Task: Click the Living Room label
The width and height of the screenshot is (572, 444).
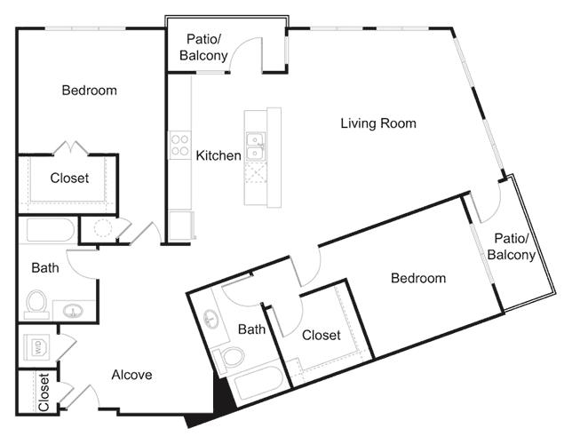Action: (378, 123)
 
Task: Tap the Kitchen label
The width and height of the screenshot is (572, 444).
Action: (218, 155)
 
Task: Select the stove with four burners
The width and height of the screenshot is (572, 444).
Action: (179, 145)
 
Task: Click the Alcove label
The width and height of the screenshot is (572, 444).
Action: (131, 374)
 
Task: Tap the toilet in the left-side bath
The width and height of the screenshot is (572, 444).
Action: (37, 304)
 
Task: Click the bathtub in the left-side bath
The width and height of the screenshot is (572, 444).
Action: (50, 231)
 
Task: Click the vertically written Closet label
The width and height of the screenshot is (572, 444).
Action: (44, 392)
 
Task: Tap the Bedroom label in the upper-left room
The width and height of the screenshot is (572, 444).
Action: (89, 91)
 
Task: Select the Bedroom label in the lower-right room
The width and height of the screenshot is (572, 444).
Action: (418, 278)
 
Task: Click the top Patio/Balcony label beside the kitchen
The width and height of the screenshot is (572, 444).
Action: (207, 47)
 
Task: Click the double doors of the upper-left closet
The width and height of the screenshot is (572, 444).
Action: (68, 147)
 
